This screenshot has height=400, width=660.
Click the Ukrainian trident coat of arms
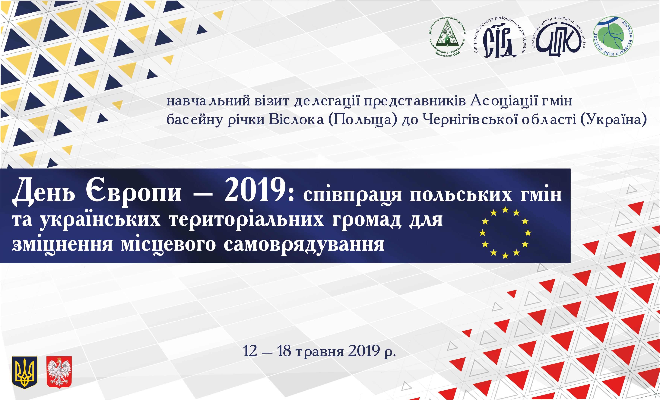tap(24, 372)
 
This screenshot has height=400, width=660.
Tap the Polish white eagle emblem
tap(59, 372)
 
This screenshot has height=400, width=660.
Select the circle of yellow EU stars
tap(505, 233)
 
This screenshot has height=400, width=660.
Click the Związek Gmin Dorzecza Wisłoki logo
tap(613, 36)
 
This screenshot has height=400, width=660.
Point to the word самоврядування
tap(304, 245)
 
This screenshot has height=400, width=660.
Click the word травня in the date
tap(319, 351)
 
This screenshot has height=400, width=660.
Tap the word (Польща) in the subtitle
tap(363, 119)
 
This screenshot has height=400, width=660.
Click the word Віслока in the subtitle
tap(296, 119)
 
